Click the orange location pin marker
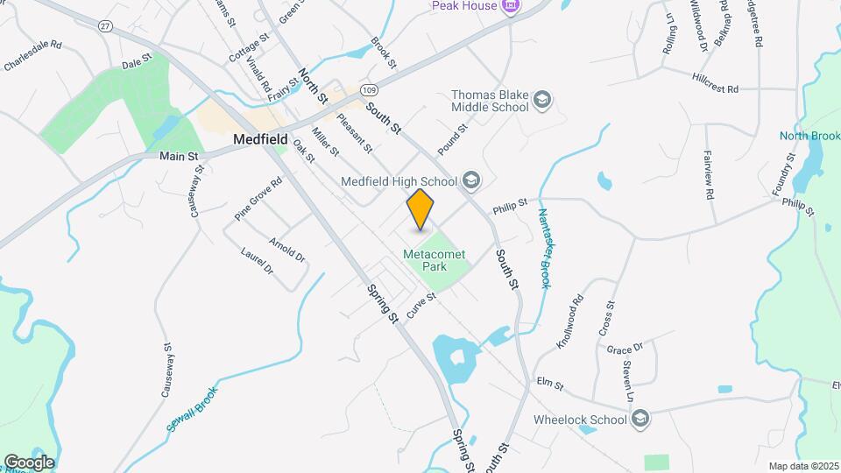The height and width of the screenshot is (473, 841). point(420,210)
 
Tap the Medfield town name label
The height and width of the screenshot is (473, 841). point(261,139)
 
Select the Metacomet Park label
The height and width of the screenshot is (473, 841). point(435,260)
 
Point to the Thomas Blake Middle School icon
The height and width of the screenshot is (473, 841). point(542,100)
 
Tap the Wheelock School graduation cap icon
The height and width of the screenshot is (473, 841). point(640,419)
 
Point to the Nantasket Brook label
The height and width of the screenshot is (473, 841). point(543,249)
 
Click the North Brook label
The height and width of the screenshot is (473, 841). point(809,136)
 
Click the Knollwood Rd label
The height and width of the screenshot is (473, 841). point(569,321)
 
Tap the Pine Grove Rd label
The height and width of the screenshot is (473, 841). point(258,199)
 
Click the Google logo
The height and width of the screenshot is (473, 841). point(29,462)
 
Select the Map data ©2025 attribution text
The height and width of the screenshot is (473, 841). point(802,466)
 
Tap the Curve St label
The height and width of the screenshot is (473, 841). point(420,305)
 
